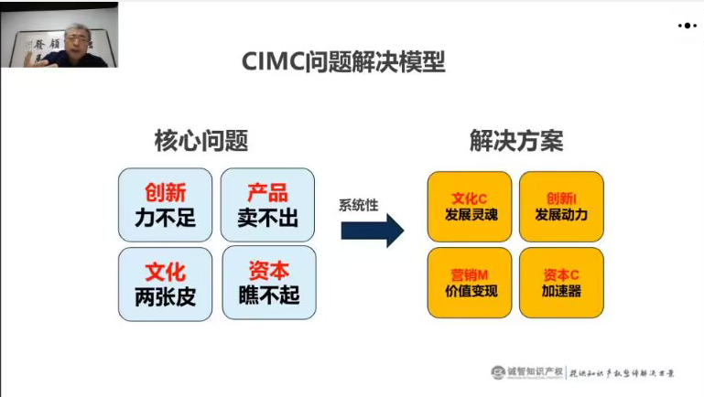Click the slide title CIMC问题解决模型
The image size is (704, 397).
tap(343, 62)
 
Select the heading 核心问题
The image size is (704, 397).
tap(200, 142)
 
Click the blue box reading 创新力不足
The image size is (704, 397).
tap(165, 204)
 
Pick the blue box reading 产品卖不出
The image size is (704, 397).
tap(268, 204)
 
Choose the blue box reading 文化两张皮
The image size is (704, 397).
tap(165, 283)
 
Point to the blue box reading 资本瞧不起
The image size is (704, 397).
tap(268, 283)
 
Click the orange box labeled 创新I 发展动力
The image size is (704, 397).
tap(561, 206)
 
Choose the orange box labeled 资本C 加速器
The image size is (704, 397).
tap(561, 283)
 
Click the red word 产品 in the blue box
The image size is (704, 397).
tap(268, 192)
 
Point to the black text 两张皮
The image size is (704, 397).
tap(165, 295)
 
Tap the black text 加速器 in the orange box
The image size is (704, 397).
tap(561, 292)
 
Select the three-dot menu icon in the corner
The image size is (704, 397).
tap(687, 26)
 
